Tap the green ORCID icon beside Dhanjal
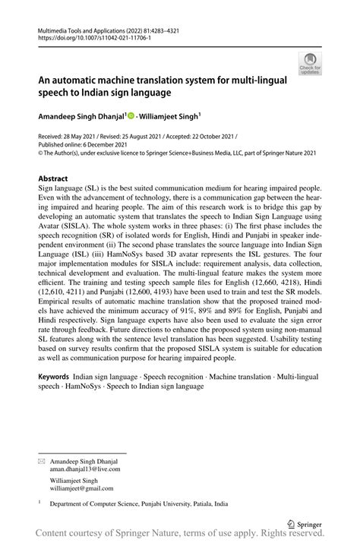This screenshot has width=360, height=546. click(x=131, y=116)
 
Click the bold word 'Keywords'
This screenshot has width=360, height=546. click(x=54, y=377)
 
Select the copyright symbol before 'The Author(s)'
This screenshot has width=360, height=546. click(x=40, y=152)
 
